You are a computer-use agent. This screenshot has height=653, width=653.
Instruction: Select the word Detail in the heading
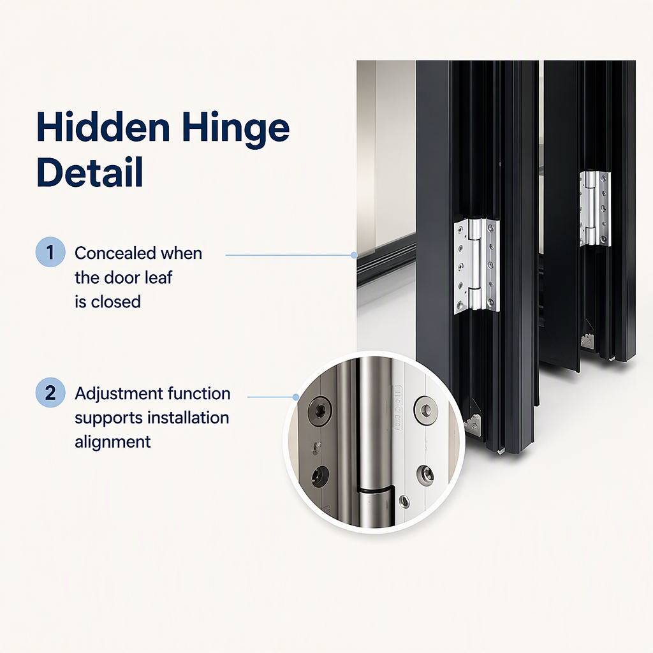point(90,172)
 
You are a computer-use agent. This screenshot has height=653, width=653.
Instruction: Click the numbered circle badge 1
point(50,252)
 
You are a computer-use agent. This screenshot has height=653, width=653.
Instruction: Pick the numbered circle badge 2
point(50,392)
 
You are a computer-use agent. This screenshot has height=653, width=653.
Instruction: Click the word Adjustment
point(119,394)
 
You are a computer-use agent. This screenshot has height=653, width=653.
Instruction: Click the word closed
point(116,302)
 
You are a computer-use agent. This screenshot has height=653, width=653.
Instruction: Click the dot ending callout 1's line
point(353,255)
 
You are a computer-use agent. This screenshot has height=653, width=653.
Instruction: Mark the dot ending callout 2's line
point(296,397)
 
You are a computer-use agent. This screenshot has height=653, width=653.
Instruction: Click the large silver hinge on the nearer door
point(476,266)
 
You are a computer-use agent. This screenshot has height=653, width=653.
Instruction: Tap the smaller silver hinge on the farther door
point(595,209)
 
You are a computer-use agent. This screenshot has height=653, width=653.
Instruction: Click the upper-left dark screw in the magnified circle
point(319,409)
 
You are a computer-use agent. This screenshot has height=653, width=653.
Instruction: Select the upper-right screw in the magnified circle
point(424,409)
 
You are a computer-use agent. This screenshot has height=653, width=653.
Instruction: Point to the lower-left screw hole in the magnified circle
point(320,475)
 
